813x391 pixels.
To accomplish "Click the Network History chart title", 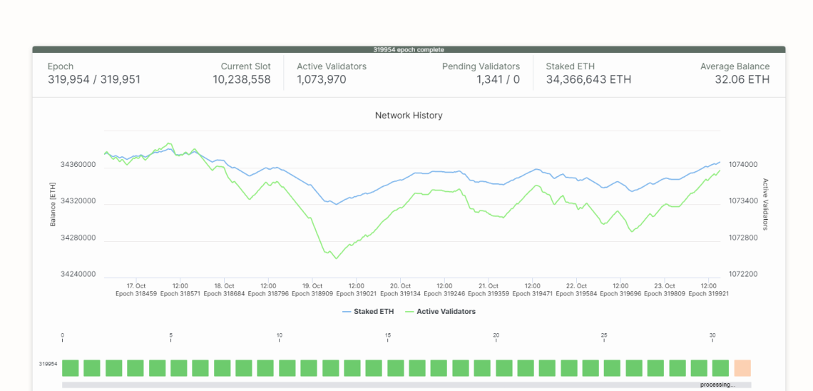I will tap(409, 115).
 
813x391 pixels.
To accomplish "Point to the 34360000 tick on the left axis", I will tap(78, 165).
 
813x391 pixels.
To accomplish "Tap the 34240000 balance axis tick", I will tap(78, 274).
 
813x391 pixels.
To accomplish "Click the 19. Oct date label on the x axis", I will tap(312, 286).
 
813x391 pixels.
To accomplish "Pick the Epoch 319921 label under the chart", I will tap(707, 293).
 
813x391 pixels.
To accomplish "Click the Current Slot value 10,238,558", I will tap(242, 80).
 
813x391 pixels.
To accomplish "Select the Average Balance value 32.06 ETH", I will tap(742, 80).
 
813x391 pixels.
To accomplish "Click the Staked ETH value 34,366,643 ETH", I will tap(588, 80).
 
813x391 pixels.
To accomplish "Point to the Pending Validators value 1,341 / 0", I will tap(498, 80).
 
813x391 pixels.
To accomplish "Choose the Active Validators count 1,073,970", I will tap(322, 80).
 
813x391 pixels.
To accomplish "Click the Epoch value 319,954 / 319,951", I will tap(94, 80).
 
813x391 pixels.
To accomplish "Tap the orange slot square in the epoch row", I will tap(742, 367).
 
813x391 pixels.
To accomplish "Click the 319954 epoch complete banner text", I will tap(409, 50).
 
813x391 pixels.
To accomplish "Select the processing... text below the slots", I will tap(717, 385).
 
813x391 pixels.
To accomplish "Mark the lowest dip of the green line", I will tap(336, 258).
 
